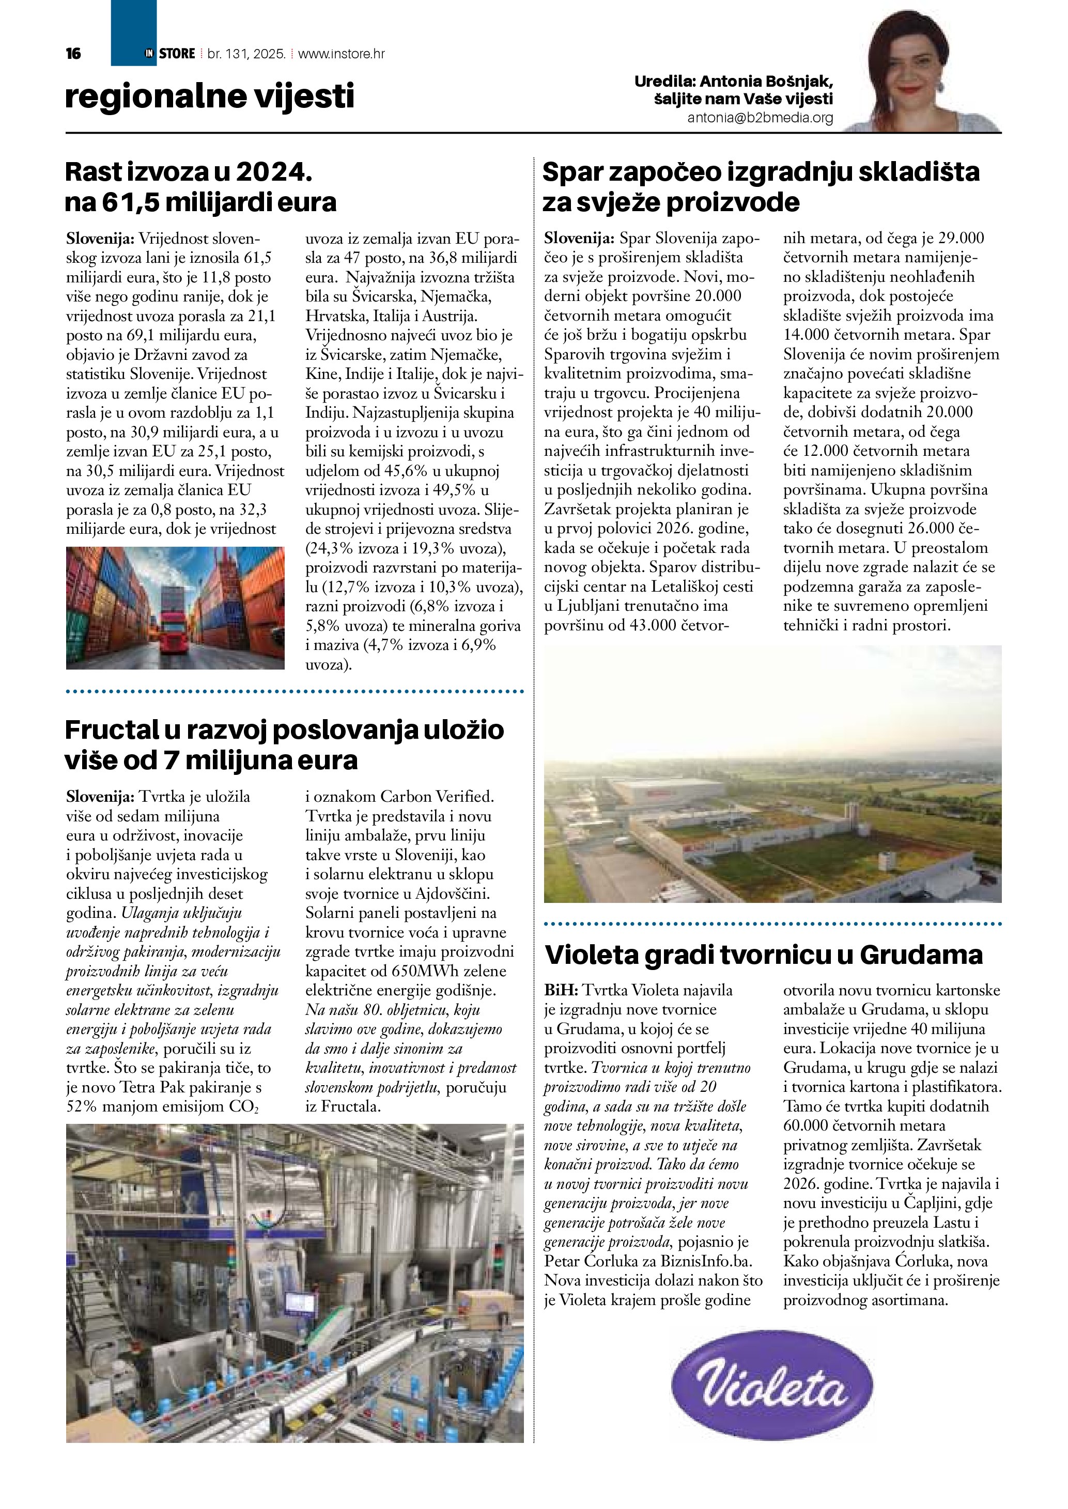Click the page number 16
coord(73,54)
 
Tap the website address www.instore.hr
coord(342,54)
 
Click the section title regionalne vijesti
coord(209,97)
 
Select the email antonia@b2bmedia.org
coord(760,118)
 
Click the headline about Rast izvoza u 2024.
coord(200,187)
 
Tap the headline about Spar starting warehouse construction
coord(761,187)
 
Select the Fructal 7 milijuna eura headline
coord(284,744)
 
